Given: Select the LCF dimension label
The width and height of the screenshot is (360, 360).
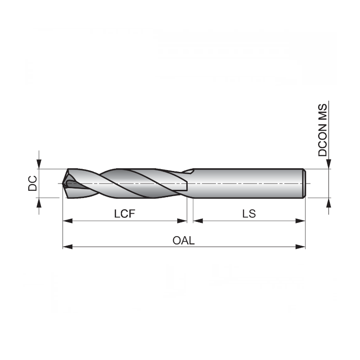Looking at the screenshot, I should pos(125,214).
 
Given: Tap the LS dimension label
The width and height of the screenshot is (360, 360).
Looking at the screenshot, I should pos(249,214).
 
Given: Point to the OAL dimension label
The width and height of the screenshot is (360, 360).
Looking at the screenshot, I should pos(184,240).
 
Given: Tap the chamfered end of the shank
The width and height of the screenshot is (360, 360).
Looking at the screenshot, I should pos(304,183).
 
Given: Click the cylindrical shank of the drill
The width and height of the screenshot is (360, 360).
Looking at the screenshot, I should pos(247,183).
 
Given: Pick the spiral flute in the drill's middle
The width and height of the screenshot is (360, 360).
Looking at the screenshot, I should pos(130,184).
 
